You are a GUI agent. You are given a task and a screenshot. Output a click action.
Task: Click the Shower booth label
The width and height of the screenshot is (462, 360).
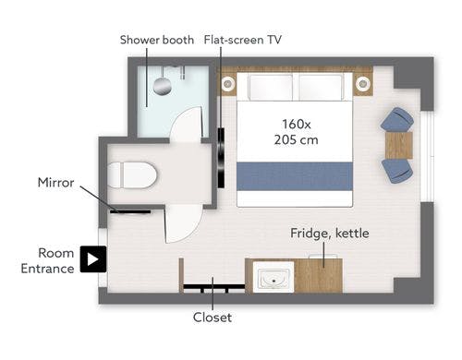point(157,40)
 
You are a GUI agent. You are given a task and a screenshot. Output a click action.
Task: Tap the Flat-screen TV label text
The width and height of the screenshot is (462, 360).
point(243,40)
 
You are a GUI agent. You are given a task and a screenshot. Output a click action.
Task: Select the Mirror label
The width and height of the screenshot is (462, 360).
point(55,183)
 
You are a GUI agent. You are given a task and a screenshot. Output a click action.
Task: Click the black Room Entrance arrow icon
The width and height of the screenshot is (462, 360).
point(93,259)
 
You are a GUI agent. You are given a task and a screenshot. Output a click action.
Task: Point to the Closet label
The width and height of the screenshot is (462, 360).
point(213,318)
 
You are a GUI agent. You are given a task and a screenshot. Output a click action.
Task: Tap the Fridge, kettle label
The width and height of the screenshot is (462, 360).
point(330,234)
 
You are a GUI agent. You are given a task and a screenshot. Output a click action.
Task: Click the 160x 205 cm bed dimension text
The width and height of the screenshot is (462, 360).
point(297,132)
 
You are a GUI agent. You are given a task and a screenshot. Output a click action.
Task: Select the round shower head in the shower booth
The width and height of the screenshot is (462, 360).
point(163,86)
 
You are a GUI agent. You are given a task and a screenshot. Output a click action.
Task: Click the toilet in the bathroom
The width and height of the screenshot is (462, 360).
point(132,175)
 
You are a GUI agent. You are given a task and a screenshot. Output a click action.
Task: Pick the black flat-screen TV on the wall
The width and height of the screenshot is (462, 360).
point(221,158)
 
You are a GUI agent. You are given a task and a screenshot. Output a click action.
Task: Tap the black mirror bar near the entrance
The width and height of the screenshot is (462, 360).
point(130,212)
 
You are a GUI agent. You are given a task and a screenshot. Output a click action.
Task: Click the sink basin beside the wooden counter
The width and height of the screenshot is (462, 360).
point(274,277)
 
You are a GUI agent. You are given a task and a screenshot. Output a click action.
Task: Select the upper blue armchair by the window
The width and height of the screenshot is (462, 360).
point(397,120)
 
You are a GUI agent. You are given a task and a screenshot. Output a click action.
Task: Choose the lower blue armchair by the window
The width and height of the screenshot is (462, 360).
point(397,171)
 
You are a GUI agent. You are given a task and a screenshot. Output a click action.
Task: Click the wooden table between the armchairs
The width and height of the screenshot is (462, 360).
point(399,145)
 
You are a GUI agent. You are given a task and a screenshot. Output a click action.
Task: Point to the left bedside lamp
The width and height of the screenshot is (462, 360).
point(228,83)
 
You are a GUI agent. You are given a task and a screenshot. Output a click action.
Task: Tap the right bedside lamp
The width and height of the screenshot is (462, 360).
point(362,83)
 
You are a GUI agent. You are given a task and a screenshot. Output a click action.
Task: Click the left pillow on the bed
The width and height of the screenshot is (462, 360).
point(271,87)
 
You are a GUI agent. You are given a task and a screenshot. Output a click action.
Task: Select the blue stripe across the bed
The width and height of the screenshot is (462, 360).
point(295,176)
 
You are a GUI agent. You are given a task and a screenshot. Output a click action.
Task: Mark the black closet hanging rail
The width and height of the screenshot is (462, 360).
point(214,287)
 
